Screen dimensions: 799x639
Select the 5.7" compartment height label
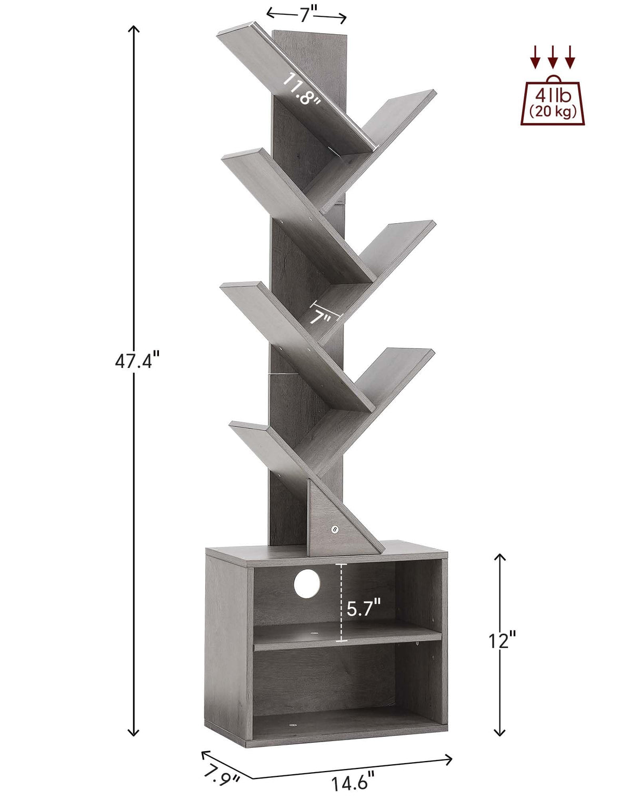point(364,608)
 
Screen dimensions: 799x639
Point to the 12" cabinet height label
point(501,641)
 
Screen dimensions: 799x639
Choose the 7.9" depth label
point(222,775)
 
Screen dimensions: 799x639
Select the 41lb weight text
point(552,96)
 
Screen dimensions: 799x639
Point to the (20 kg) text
point(553,112)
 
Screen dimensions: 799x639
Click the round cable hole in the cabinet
point(307,583)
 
